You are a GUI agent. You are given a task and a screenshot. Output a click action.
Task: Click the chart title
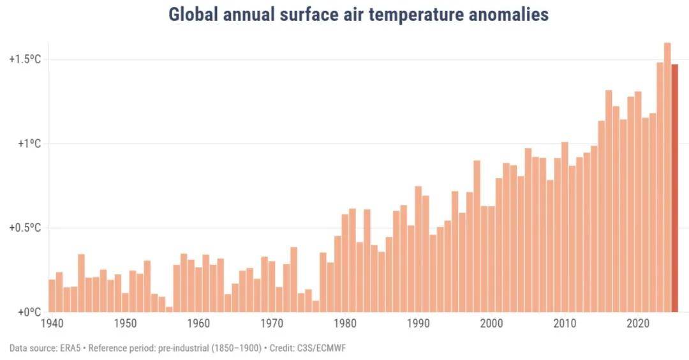(x=358, y=15)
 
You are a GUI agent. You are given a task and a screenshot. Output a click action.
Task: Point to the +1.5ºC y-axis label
(x=26, y=59)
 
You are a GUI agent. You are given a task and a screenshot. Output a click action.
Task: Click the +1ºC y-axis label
(x=28, y=144)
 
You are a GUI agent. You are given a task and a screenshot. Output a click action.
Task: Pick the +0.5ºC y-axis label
(x=26, y=228)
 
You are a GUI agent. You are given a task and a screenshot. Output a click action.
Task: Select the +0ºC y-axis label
(x=28, y=312)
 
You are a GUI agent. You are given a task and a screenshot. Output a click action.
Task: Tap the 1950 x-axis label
(x=125, y=323)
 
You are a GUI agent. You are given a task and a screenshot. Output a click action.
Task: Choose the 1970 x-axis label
(x=272, y=323)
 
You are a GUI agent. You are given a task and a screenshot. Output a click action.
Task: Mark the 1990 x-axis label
(x=419, y=323)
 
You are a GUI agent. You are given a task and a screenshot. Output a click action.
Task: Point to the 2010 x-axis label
(x=565, y=323)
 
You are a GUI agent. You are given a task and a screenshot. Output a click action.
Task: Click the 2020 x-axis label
(x=638, y=323)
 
